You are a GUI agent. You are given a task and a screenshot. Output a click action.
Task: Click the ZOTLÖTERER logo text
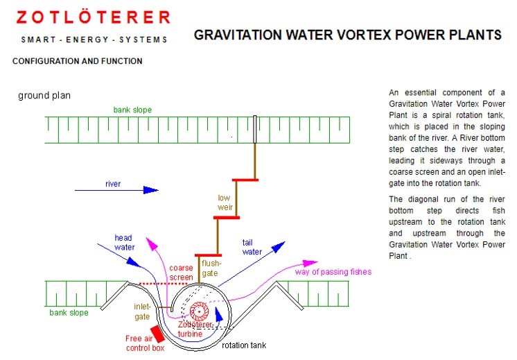[94, 17]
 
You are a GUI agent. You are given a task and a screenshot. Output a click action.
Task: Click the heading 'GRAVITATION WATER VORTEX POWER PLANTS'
[347, 35]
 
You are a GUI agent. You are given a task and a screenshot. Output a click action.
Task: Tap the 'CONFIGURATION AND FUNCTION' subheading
[78, 61]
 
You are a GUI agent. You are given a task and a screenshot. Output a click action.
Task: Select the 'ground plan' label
[44, 96]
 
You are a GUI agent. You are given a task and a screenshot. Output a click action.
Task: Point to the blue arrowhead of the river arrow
[151, 190]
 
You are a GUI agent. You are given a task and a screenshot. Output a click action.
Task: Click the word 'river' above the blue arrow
[113, 184]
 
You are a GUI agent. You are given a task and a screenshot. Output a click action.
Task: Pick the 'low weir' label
[225, 203]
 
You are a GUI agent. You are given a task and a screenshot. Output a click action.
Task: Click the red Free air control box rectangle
[157, 334]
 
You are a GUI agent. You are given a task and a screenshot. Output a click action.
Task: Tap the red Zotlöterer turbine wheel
[199, 311]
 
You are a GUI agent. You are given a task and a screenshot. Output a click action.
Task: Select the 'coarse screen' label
[181, 273]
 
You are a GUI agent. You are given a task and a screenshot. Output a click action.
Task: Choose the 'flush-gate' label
[211, 268]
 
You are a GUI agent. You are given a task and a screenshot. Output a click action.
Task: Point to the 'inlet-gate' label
[142, 312]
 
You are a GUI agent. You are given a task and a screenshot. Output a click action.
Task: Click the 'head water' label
[124, 243]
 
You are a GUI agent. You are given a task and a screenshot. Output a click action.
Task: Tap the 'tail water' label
[252, 247]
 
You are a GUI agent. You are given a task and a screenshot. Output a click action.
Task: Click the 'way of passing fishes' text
[333, 272]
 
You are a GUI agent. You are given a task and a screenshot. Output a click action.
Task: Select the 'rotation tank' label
[244, 345]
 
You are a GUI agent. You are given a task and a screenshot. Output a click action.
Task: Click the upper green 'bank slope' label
[132, 110]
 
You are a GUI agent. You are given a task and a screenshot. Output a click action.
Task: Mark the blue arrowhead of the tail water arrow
[279, 246]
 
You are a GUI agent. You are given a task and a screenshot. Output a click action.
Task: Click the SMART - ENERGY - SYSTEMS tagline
[94, 40]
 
